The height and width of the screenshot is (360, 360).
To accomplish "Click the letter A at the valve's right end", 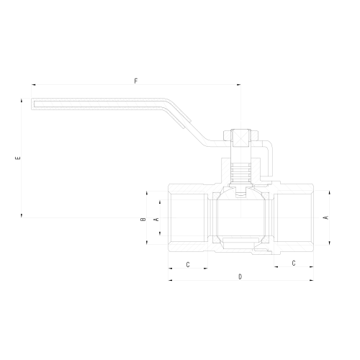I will [x=325, y=217].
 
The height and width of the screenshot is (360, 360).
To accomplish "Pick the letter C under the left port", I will [x=188, y=265].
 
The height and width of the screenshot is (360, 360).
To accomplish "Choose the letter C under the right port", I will [x=293, y=264].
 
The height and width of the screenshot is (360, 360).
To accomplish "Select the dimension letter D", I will [x=240, y=276].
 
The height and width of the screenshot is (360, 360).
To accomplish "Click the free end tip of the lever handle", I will [x=34, y=104].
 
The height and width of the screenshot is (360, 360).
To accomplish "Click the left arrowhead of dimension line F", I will [x=33, y=85].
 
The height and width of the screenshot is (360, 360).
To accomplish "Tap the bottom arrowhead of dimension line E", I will [x=22, y=215].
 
